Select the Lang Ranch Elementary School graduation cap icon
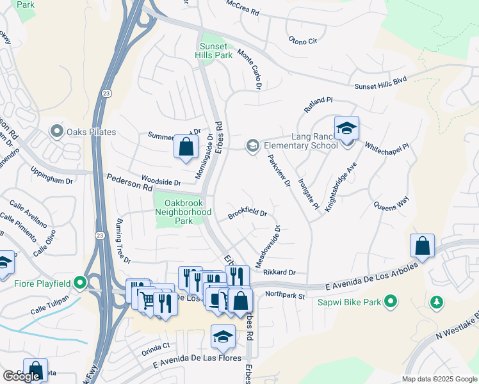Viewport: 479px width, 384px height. (x=346, y=129)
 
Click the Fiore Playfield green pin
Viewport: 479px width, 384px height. (x=79, y=282)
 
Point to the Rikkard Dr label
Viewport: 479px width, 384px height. (x=279, y=273)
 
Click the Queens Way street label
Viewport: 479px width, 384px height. (x=391, y=204)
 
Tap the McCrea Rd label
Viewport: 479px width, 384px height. (x=243, y=7)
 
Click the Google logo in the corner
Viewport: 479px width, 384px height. (x=21, y=376)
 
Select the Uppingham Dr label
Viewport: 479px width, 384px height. (x=52, y=176)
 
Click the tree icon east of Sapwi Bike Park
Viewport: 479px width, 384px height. (x=437, y=301)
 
